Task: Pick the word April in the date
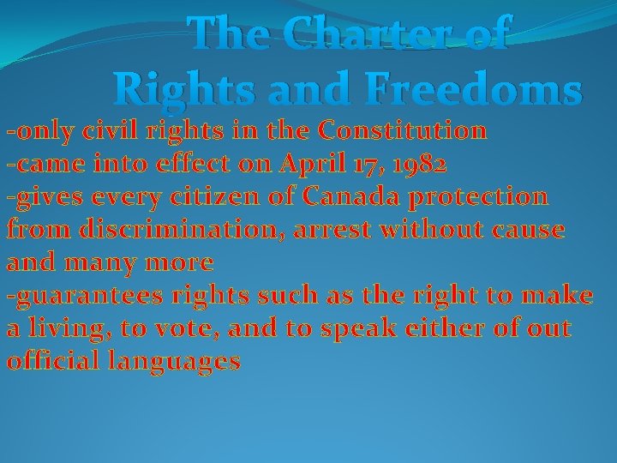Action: point(319,164)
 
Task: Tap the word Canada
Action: point(353,196)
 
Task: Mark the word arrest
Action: point(335,230)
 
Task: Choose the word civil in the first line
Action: point(115,131)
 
